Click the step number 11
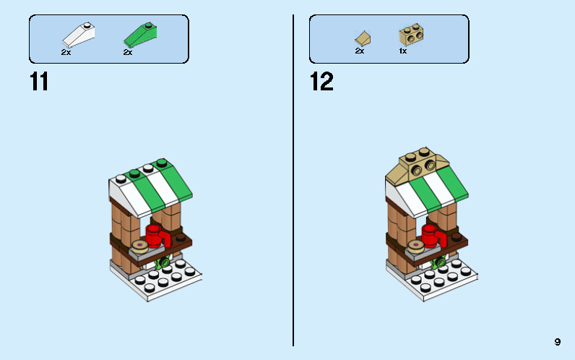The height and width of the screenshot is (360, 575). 39,82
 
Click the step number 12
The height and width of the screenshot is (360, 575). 321,82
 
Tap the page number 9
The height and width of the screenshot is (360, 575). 558,342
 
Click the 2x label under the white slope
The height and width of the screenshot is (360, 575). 66,53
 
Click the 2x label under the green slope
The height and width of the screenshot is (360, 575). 128,53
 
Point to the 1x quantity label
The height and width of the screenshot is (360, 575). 402,51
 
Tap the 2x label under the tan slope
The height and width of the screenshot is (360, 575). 359,51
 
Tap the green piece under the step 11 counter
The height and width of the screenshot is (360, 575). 165,261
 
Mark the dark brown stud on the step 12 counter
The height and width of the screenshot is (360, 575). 456,236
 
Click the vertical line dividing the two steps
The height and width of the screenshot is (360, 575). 293,181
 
